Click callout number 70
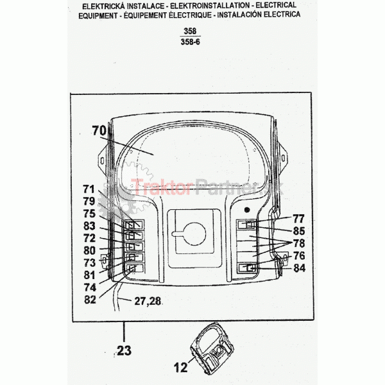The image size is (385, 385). [x=99, y=131]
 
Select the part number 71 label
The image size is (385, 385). [x=89, y=189]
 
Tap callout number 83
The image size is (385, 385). [x=89, y=226]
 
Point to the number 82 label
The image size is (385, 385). [x=90, y=300]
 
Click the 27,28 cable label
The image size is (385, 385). [x=148, y=301]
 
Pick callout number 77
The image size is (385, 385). [x=298, y=219]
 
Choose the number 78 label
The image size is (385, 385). [x=299, y=243]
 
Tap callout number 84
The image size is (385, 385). [x=299, y=268]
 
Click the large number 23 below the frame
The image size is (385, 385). [x=124, y=350]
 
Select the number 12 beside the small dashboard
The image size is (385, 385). [x=181, y=368]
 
